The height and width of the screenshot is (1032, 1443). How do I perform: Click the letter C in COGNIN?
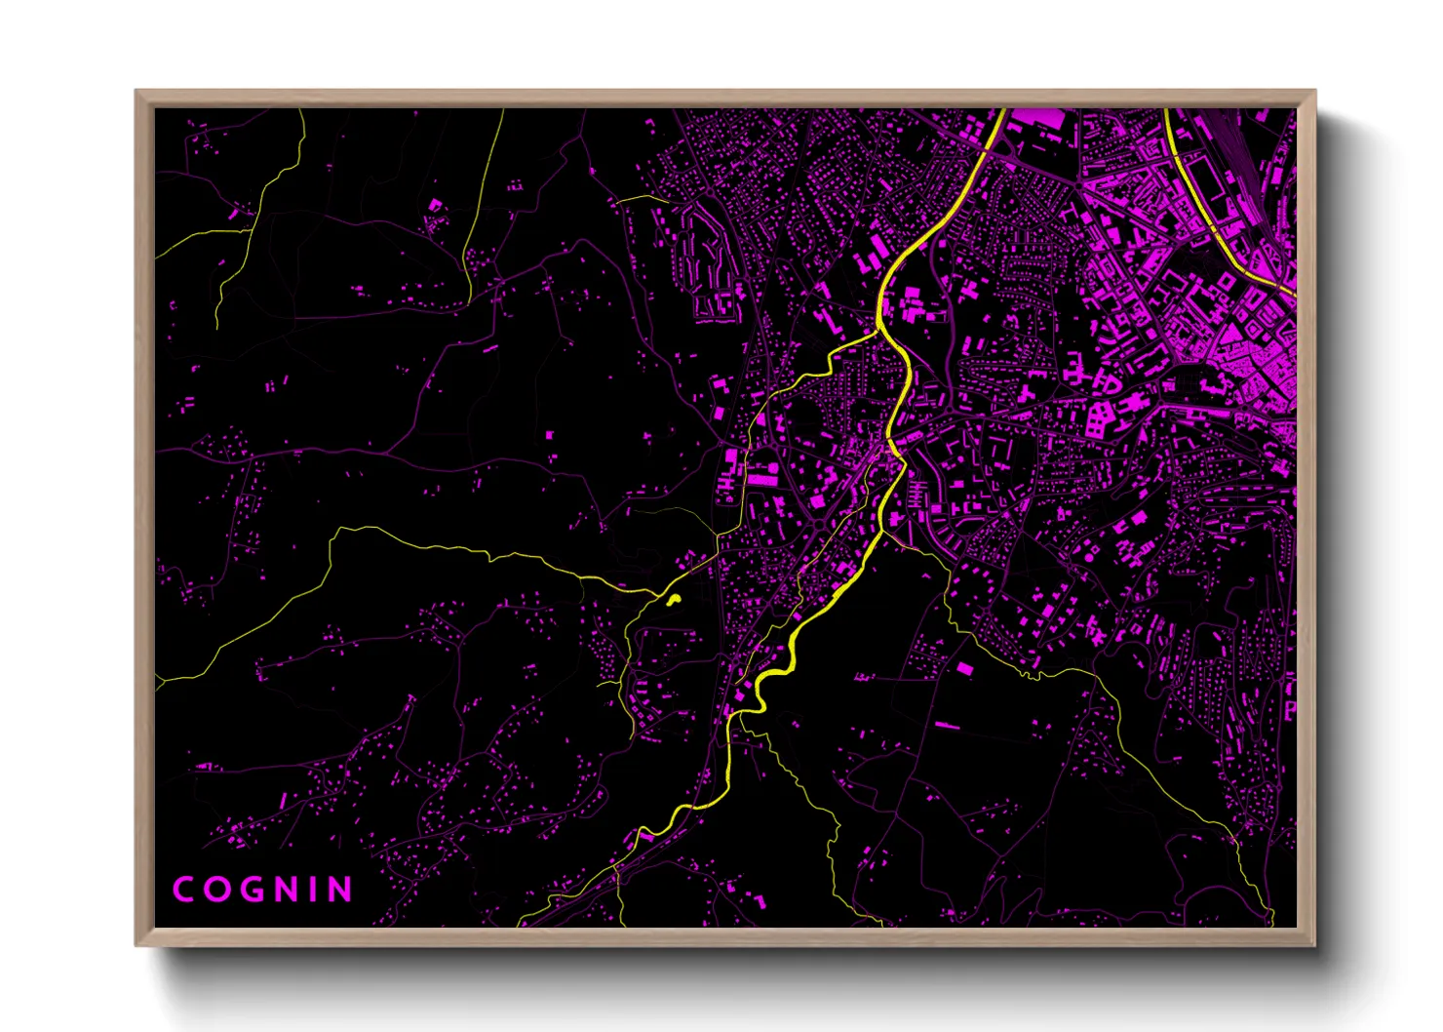click(183, 890)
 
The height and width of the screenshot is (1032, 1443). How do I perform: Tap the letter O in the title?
click(216, 890)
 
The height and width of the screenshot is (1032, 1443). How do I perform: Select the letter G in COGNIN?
click(252, 890)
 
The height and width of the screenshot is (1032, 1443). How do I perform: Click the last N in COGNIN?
click(338, 890)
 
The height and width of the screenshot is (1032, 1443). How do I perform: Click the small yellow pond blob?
click(673, 600)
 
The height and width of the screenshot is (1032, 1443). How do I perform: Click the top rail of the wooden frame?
click(721, 99)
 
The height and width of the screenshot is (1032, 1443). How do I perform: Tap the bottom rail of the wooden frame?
click(721, 937)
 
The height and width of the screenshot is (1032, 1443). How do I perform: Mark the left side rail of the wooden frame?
click(144, 517)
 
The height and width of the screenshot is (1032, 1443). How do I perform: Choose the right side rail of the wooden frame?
click(1306, 517)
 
